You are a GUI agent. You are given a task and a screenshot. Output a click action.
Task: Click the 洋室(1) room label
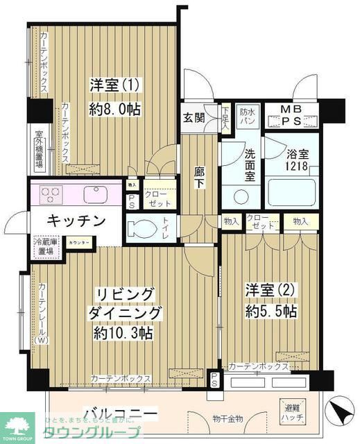(116, 85)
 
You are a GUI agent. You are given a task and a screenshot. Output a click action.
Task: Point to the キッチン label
(76, 221)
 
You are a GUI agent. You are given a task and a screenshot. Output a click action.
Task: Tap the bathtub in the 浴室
(292, 192)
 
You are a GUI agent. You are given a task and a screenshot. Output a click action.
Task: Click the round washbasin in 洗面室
(241, 196)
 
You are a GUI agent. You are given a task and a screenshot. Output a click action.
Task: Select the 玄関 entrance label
(195, 118)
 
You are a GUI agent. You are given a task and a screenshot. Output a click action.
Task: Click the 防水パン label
(248, 117)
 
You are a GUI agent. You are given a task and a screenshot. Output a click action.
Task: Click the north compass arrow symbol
(341, 413)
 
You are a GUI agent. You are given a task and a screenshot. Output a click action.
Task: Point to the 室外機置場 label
(39, 150)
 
